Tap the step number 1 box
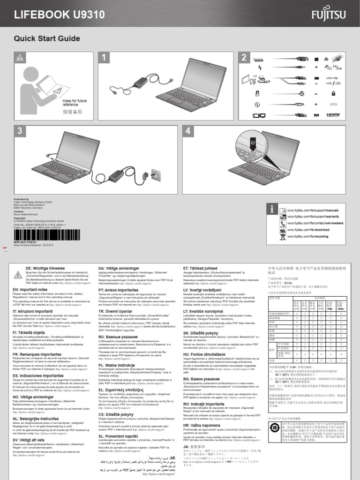click(106, 58)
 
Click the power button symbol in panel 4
click(254, 141)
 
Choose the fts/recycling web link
click(307, 237)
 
